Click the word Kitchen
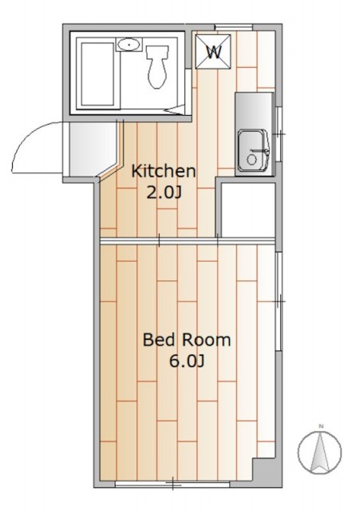tap(164, 171)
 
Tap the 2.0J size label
tap(164, 192)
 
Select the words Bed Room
tap(186, 339)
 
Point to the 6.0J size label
tap(186, 361)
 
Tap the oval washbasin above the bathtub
tap(128, 45)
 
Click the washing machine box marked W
tap(214, 52)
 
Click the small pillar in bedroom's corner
tap(266, 472)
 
